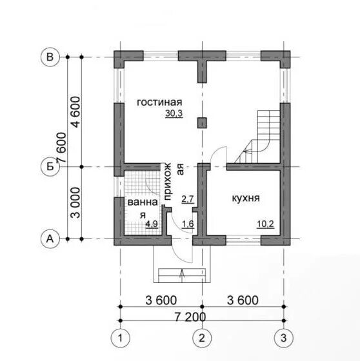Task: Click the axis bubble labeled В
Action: (50, 57)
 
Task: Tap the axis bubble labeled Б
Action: (50, 166)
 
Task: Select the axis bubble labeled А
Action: (50, 239)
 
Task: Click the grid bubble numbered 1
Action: (120, 338)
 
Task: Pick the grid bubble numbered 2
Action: (202, 338)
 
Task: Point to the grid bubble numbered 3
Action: (284, 338)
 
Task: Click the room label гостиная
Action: (159, 102)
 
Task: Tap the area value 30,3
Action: (174, 113)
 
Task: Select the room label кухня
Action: (246, 198)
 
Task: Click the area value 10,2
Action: (266, 224)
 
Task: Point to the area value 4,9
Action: (152, 224)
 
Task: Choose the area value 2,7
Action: (188, 199)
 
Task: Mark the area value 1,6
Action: (188, 224)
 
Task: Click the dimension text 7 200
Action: (190, 317)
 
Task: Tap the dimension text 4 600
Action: (76, 112)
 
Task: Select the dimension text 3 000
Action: (76, 203)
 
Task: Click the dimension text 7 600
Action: (61, 148)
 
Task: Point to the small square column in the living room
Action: (202, 123)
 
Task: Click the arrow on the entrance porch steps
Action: (182, 275)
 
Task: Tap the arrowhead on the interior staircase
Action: (245, 151)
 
